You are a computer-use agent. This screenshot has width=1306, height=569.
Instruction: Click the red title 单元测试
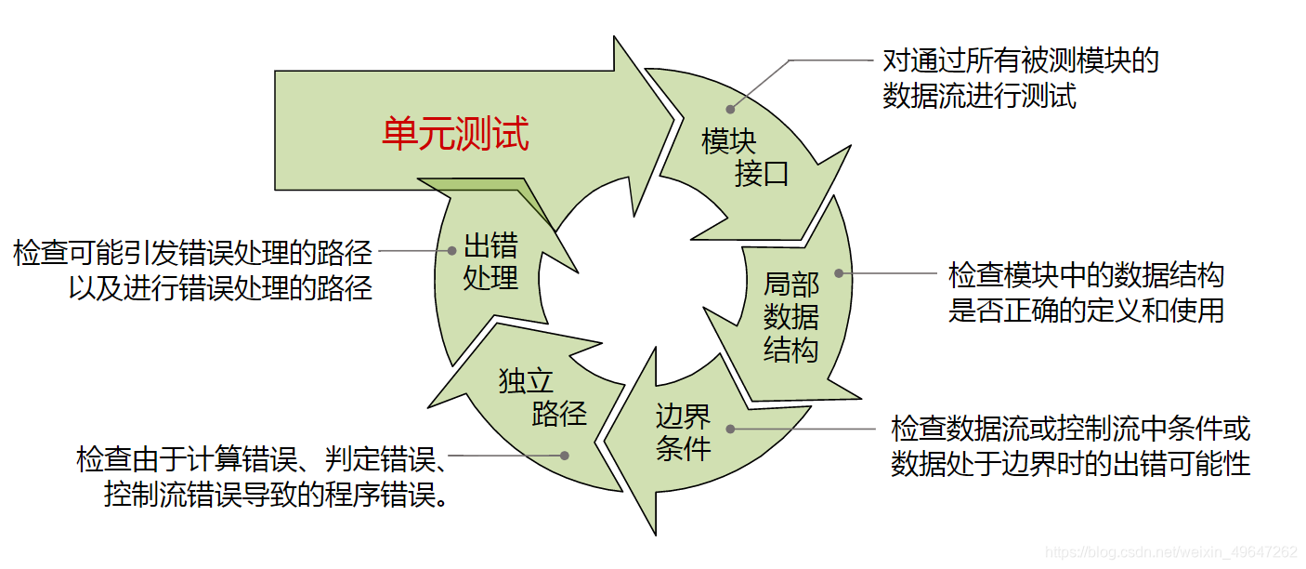click(x=455, y=134)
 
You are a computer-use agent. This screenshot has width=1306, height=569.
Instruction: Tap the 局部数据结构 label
click(x=791, y=316)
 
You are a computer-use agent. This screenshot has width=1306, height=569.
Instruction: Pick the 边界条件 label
click(x=684, y=431)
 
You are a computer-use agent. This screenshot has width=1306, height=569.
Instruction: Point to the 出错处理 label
click(x=490, y=262)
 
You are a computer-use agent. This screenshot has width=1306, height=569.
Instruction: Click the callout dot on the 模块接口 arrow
click(x=731, y=111)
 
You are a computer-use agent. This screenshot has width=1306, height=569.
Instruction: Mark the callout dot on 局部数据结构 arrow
click(x=839, y=273)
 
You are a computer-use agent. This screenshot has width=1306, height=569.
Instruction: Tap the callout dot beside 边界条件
click(x=731, y=429)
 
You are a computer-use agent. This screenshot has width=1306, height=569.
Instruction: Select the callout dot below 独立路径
click(x=565, y=456)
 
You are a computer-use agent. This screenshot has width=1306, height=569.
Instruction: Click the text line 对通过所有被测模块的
click(x=1020, y=62)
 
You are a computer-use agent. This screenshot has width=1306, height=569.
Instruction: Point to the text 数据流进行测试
click(x=979, y=96)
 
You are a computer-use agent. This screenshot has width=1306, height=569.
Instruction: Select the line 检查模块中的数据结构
click(x=1086, y=275)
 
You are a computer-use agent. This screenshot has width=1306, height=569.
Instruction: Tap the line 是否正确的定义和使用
click(x=1086, y=310)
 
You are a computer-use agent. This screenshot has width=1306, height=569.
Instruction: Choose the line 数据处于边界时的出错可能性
click(x=1071, y=463)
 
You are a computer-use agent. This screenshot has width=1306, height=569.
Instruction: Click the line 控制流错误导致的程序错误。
click(x=278, y=495)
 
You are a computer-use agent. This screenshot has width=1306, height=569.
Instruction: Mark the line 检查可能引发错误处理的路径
click(x=192, y=252)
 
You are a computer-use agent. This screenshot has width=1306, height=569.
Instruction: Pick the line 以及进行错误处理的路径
click(x=220, y=287)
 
